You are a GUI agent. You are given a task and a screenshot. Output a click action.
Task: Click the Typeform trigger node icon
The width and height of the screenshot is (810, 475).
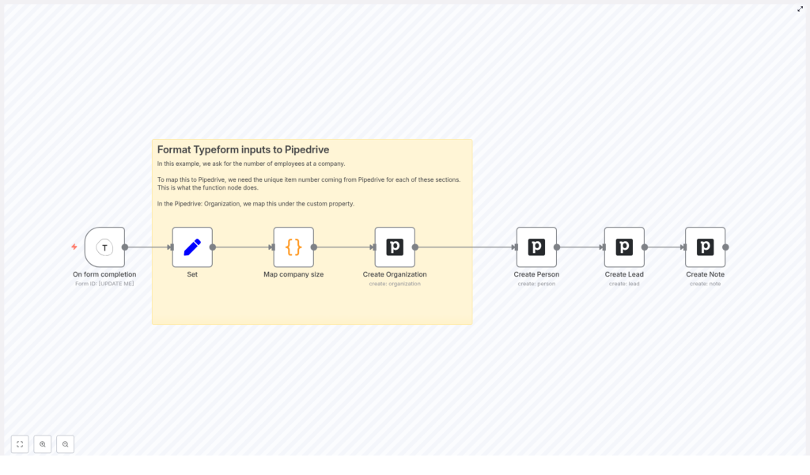(104, 247)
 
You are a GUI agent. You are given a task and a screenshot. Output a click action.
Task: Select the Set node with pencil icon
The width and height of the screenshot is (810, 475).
(192, 247)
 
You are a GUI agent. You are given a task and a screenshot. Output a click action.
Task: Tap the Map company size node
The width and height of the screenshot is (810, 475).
(293, 247)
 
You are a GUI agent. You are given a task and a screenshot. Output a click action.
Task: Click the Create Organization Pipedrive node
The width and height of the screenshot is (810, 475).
(395, 247)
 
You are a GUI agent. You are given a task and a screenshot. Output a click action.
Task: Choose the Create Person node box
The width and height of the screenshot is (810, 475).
(536, 247)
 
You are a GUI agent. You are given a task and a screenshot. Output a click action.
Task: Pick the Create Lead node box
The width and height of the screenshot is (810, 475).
(624, 247)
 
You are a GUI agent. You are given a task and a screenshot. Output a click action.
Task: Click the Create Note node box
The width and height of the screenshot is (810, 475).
(705, 247)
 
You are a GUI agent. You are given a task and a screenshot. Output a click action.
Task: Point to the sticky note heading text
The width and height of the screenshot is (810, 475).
(243, 149)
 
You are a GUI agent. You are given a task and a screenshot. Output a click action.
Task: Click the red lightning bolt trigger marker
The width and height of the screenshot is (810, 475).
(74, 247)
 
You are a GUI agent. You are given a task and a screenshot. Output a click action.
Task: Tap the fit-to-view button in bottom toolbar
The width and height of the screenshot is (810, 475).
(20, 444)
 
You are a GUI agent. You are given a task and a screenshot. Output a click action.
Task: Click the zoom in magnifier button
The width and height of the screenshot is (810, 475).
(43, 444)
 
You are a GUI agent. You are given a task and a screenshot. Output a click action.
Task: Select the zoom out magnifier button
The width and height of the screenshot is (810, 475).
(65, 444)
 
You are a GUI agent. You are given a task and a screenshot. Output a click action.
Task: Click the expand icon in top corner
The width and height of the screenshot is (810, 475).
(800, 9)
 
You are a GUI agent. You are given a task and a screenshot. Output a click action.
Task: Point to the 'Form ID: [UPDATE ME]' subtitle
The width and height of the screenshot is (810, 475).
(104, 284)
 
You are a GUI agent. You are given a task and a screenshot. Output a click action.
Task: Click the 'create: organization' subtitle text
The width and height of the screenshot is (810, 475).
(395, 284)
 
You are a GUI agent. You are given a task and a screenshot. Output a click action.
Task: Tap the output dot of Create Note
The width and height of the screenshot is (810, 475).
(725, 247)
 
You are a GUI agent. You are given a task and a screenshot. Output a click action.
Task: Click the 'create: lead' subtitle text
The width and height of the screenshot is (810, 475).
(624, 284)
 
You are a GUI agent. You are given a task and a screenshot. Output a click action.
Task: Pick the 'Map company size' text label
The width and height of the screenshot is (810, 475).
(293, 274)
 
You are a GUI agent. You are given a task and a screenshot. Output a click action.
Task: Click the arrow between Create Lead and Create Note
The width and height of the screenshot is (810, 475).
(664, 247)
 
